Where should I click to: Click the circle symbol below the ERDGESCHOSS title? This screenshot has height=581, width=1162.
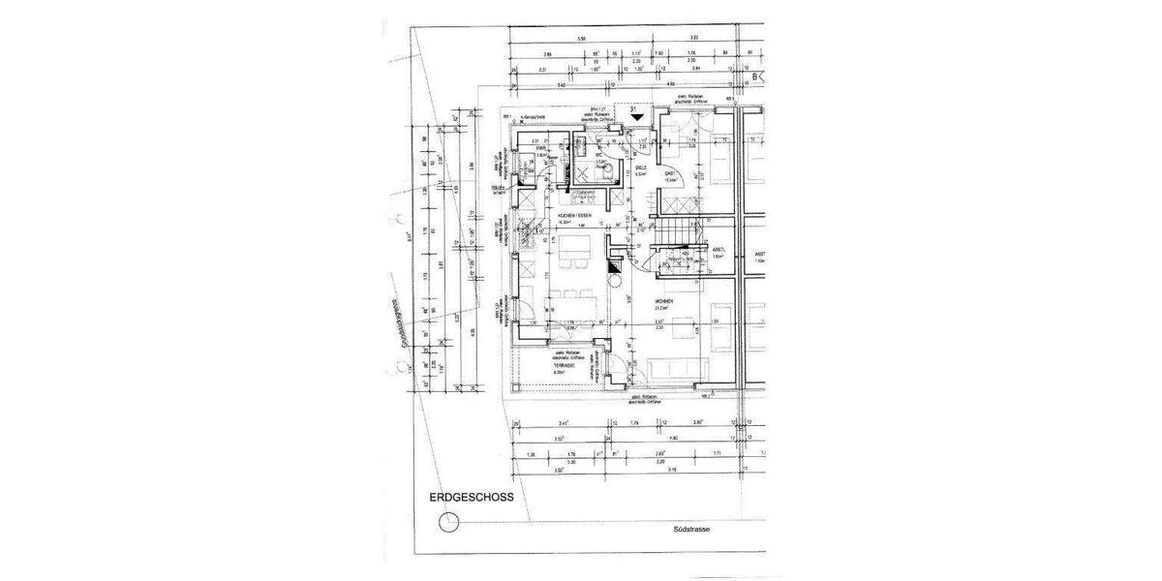pos(448,524)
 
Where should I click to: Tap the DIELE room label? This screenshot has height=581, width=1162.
pos(640,168)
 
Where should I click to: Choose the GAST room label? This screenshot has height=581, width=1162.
pos(669,174)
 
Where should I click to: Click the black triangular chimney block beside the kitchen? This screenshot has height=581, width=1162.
pos(614,263)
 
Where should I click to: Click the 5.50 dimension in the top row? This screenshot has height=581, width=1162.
pos(581,38)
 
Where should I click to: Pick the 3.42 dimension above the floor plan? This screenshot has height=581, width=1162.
pos(562,86)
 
